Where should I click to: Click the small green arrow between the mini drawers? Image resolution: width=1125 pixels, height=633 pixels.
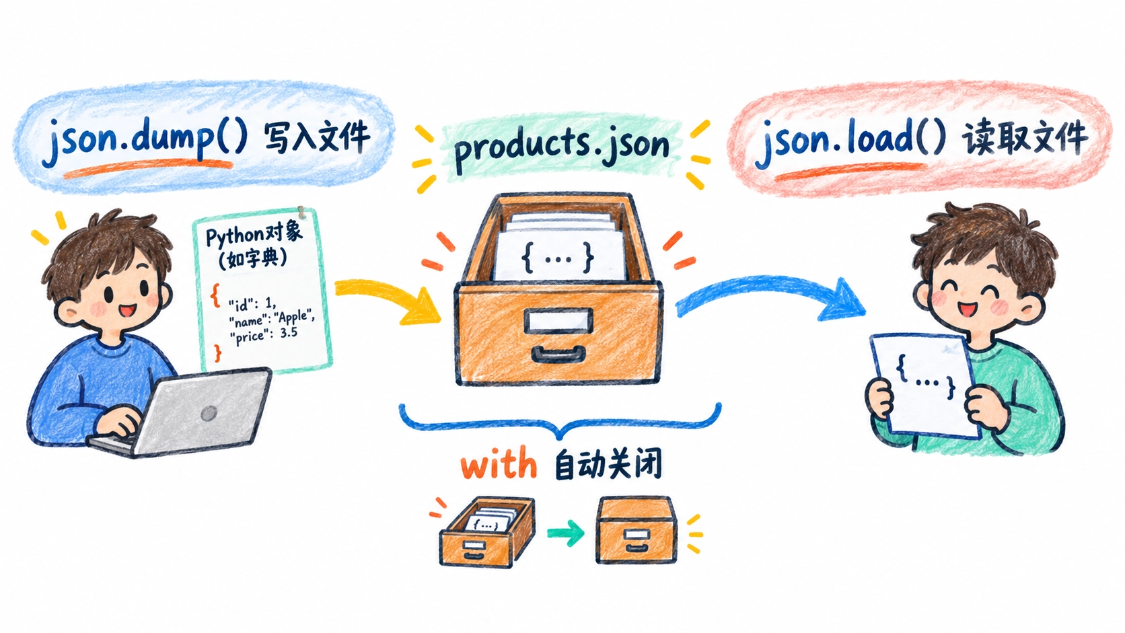565,532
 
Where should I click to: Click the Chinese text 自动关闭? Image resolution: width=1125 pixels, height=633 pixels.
608,465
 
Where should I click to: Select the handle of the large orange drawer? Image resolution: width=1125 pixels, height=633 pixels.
558,354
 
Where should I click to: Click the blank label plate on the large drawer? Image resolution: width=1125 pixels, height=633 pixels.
558,320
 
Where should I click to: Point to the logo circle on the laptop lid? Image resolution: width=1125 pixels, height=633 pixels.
209,414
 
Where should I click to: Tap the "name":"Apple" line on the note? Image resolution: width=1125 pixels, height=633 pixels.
271,319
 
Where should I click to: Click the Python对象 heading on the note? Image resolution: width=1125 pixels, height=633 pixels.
254,235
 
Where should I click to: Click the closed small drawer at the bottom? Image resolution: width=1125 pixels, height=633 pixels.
636,530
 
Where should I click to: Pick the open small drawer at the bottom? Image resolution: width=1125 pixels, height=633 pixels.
487,532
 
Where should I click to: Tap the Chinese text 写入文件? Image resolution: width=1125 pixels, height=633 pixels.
317,137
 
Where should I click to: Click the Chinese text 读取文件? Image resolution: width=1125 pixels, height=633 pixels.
1025,137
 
